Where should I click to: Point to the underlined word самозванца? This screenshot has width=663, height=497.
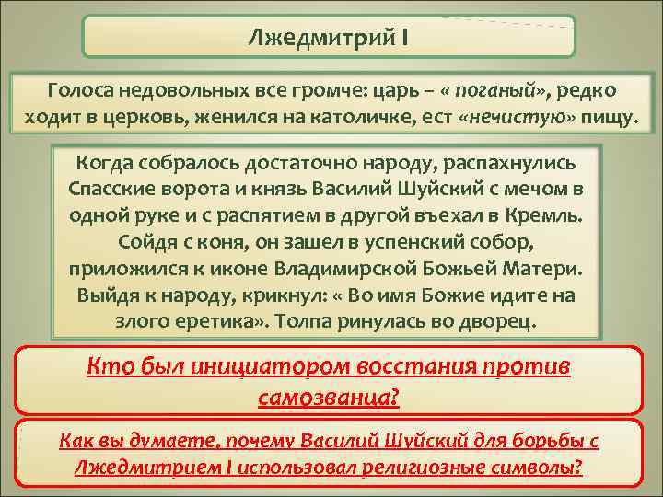327,397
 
